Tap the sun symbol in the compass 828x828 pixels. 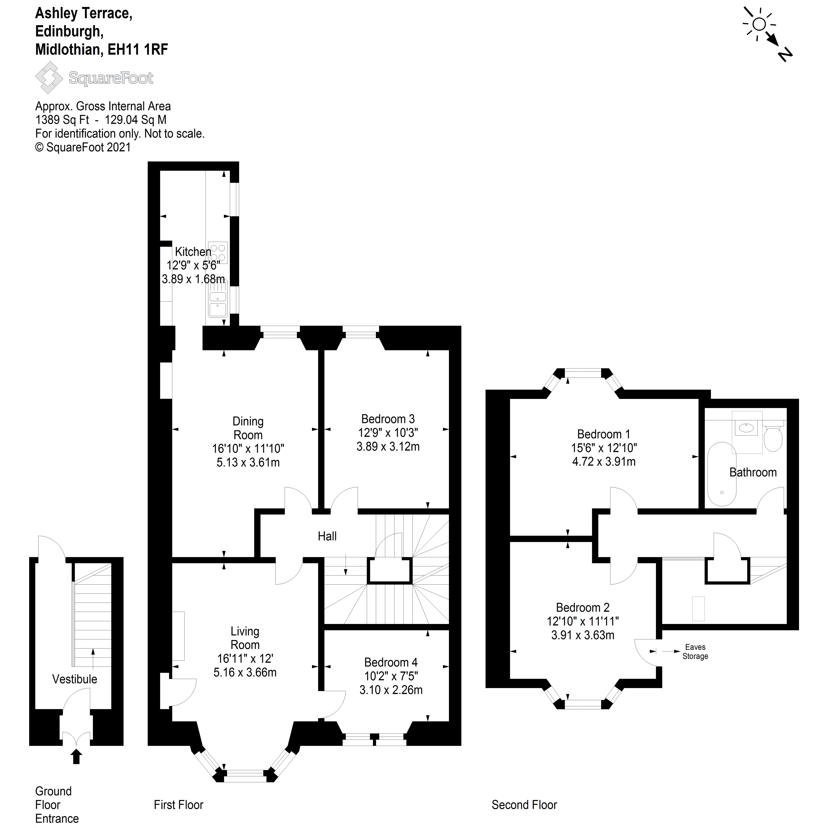click(x=759, y=25)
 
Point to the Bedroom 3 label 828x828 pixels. click(x=388, y=419)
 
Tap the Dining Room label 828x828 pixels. click(x=248, y=428)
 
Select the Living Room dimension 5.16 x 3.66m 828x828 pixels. click(x=245, y=672)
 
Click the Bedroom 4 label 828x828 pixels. click(x=390, y=662)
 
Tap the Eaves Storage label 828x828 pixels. click(x=695, y=651)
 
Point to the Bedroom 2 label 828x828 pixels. click(x=582, y=607)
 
